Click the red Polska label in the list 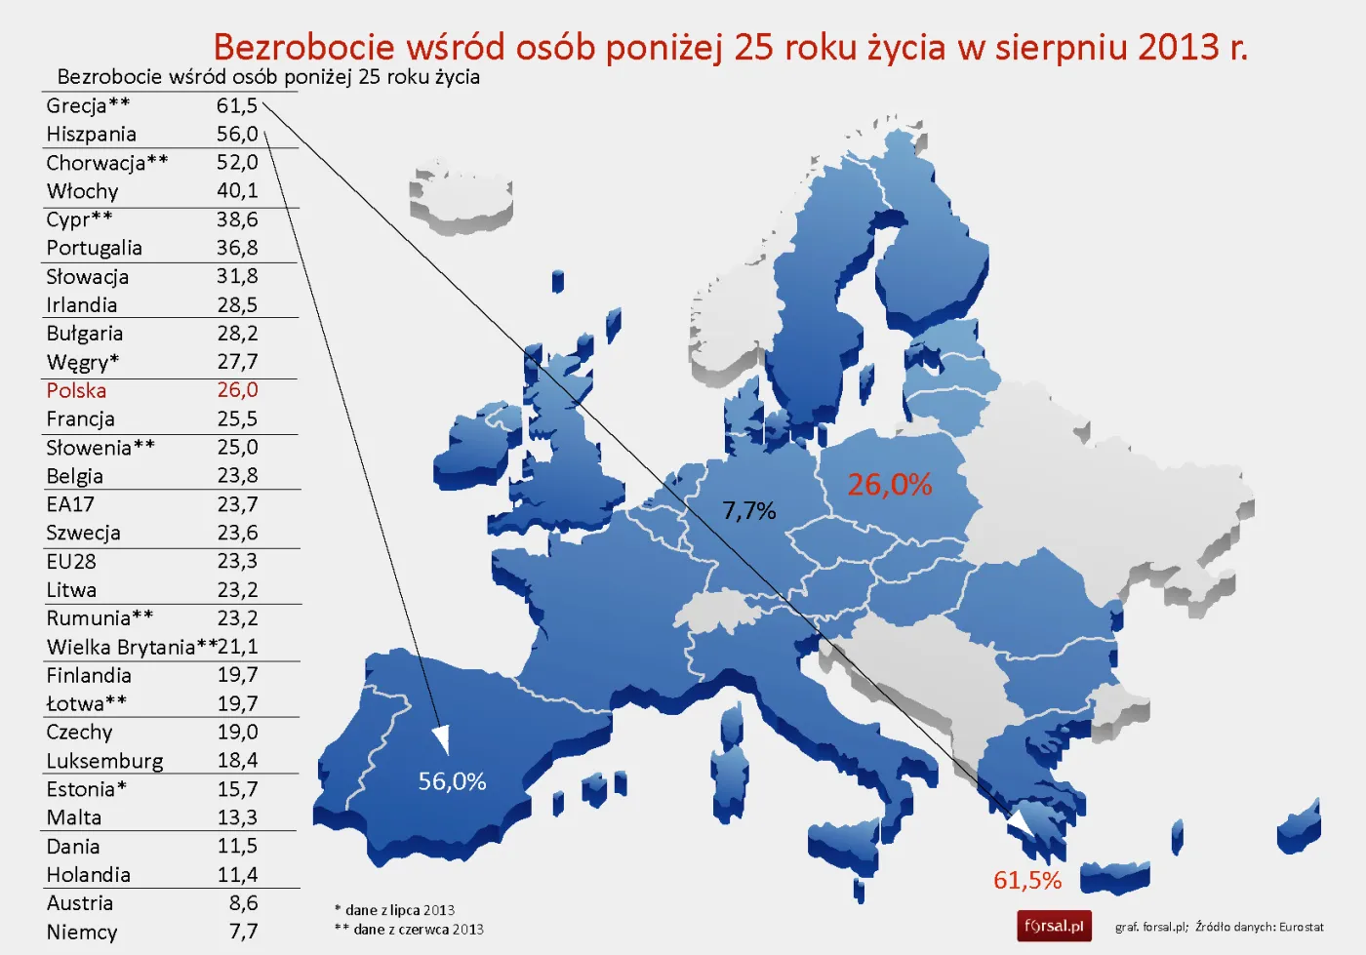76,390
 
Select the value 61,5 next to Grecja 237,105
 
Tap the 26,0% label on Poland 889,484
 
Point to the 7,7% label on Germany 748,510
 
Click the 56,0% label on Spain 452,781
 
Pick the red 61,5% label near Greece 1026,880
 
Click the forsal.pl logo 1054,926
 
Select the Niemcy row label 82,932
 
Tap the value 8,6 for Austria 243,903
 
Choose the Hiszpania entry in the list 91,134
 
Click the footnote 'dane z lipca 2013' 399,910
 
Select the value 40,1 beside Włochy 237,190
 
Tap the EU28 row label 71,562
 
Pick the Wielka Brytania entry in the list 121,647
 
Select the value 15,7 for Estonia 237,789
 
